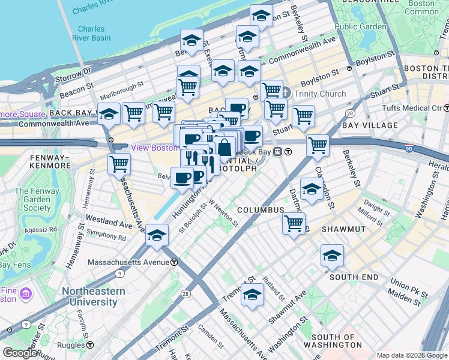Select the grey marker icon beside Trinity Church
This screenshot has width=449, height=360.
285,94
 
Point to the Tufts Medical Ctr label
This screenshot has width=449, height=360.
411,109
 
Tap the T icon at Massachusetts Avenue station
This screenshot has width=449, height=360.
173,262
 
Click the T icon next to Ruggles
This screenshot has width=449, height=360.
90,345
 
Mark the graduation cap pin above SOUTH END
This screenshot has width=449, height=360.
332,256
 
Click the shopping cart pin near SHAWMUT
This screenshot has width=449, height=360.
294,223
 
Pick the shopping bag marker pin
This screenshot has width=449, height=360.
224,147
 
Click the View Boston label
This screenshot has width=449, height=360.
154,148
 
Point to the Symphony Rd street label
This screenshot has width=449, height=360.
106,237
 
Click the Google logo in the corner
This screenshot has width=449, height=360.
20,353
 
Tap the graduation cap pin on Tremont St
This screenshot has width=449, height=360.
252,295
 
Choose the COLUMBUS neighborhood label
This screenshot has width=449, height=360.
260,210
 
